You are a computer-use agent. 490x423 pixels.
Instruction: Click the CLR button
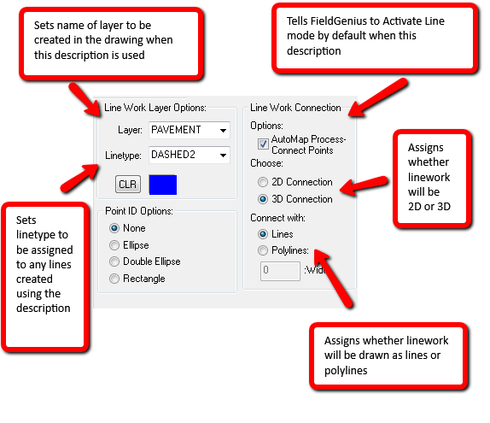(x=128, y=185)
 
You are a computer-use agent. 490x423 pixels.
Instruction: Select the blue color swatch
(x=163, y=185)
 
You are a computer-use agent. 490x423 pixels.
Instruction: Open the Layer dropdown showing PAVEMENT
(x=190, y=130)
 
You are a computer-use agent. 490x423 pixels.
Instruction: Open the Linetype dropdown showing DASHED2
(x=190, y=155)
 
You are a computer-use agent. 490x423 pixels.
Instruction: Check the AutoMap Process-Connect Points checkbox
(x=263, y=144)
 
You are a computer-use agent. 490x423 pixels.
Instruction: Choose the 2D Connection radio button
(x=263, y=182)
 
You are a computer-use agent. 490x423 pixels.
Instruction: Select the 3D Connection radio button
(x=263, y=199)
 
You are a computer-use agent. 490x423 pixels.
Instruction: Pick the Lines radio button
(x=263, y=234)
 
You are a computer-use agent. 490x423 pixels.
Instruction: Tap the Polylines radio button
(x=263, y=250)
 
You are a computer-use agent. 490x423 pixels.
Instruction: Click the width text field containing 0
(x=280, y=271)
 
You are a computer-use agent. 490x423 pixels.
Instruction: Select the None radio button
(x=114, y=228)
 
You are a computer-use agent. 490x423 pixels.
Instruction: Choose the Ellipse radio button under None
(x=114, y=245)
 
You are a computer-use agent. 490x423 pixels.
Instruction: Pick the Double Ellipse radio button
(x=114, y=261)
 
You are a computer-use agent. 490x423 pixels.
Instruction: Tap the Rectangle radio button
(x=114, y=279)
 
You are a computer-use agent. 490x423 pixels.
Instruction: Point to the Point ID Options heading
(x=139, y=211)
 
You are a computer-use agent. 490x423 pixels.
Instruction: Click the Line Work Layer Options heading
(x=155, y=108)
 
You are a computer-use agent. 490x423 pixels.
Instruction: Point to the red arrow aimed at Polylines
(x=333, y=278)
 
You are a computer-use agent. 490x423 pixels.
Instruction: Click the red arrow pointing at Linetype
(x=80, y=178)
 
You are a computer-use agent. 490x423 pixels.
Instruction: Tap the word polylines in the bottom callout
(x=346, y=371)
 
